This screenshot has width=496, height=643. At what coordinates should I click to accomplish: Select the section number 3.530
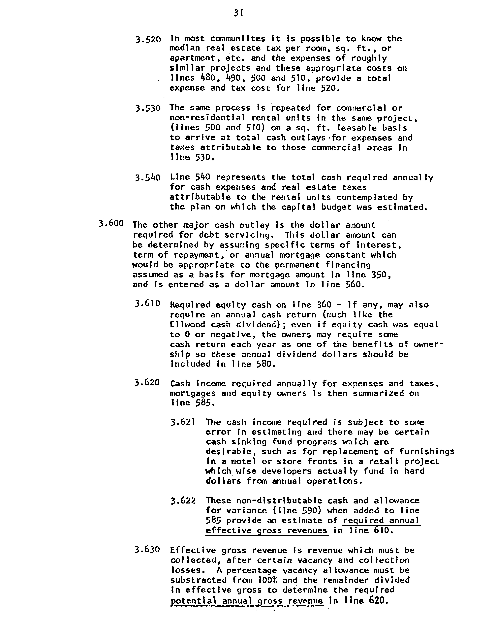point(148,108)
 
